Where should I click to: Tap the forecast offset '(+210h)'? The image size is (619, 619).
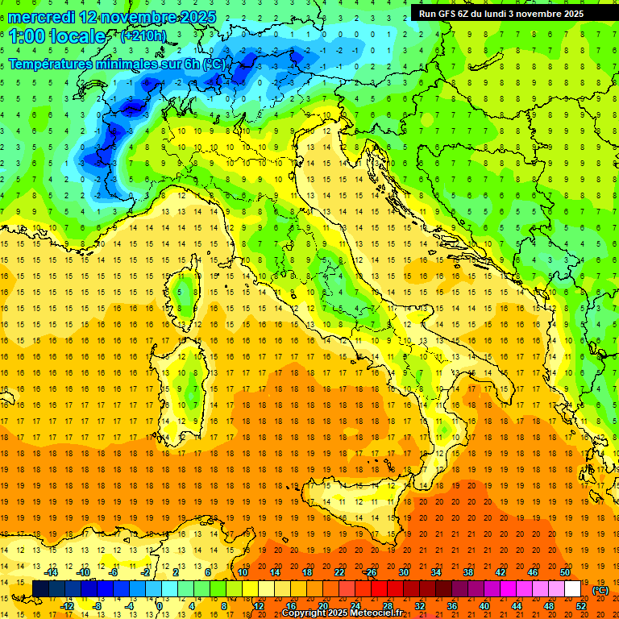pyautogui.click(x=143, y=36)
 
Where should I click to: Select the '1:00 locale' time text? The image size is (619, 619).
pyautogui.click(x=57, y=36)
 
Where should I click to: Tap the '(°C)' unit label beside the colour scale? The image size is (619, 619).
pyautogui.click(x=600, y=590)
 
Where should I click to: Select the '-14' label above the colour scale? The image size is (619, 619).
pyautogui.click(x=52, y=572)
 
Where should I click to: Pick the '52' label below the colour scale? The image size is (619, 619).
pyautogui.click(x=581, y=605)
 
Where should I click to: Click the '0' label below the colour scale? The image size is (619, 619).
pyautogui.click(x=159, y=605)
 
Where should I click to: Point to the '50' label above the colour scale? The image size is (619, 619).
pyautogui.click(x=564, y=572)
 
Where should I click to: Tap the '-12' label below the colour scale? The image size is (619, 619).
pyautogui.click(x=68, y=605)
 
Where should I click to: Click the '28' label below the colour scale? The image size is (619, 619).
pyautogui.click(x=387, y=605)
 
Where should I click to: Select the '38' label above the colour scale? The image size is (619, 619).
pyautogui.click(x=467, y=572)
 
